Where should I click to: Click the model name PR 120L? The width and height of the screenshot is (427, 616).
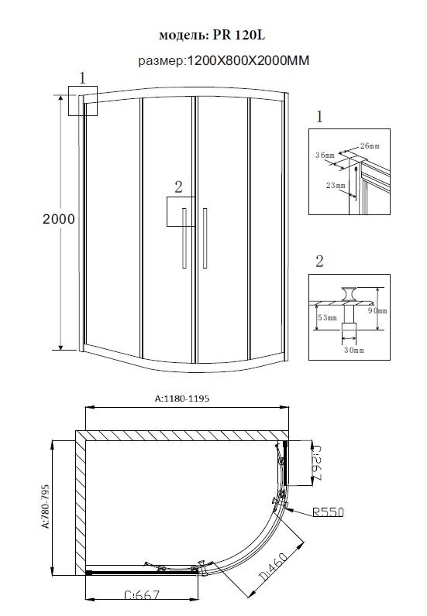239,35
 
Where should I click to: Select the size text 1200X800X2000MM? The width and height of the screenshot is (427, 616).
248,60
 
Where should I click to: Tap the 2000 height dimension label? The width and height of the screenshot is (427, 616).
59,219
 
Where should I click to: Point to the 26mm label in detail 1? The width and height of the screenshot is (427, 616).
370,145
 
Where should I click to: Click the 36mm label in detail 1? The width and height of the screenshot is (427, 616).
325,155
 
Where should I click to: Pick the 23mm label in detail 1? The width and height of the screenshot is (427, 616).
336,185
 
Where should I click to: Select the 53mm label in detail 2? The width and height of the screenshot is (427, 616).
327,317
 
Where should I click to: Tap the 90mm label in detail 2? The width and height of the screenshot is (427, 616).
378,311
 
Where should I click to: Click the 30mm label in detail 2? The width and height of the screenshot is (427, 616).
354,350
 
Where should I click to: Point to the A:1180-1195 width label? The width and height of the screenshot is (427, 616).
182,399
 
